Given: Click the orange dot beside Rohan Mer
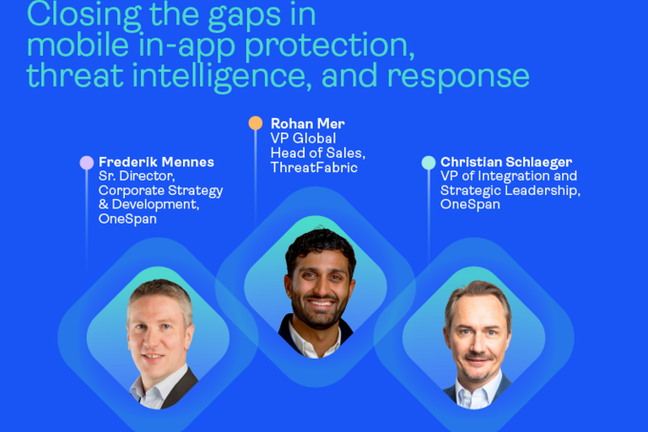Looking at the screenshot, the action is point(256,123).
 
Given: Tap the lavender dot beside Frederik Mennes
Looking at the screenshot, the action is point(86,163).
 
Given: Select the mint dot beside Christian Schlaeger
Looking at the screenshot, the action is point(429,163).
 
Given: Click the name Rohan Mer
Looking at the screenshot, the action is point(307,123).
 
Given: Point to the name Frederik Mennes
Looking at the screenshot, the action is point(156,162).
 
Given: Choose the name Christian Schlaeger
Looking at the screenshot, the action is point(506,162).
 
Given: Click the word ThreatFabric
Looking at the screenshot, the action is point(314,167).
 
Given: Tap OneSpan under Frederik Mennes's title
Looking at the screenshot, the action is point(127,219).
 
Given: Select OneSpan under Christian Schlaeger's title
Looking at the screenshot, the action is point(470,204).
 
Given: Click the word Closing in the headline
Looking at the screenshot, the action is point(84,16).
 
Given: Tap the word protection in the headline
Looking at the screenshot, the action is point(330,46).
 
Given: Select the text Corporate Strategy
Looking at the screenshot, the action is point(161,191).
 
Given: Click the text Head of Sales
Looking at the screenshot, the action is point(318,153).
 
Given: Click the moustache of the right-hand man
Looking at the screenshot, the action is point(478,357).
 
